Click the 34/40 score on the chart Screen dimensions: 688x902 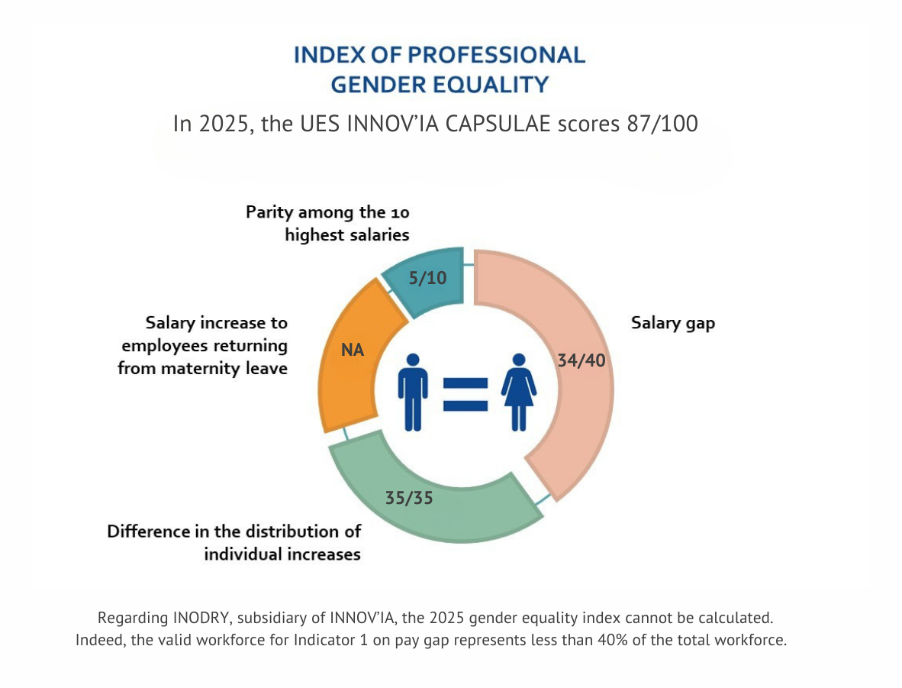(581, 360)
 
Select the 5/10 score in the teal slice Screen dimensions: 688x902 (427, 278)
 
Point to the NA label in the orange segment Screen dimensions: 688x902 (352, 350)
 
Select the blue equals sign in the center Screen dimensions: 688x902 (465, 393)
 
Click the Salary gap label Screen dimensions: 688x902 (672, 323)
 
